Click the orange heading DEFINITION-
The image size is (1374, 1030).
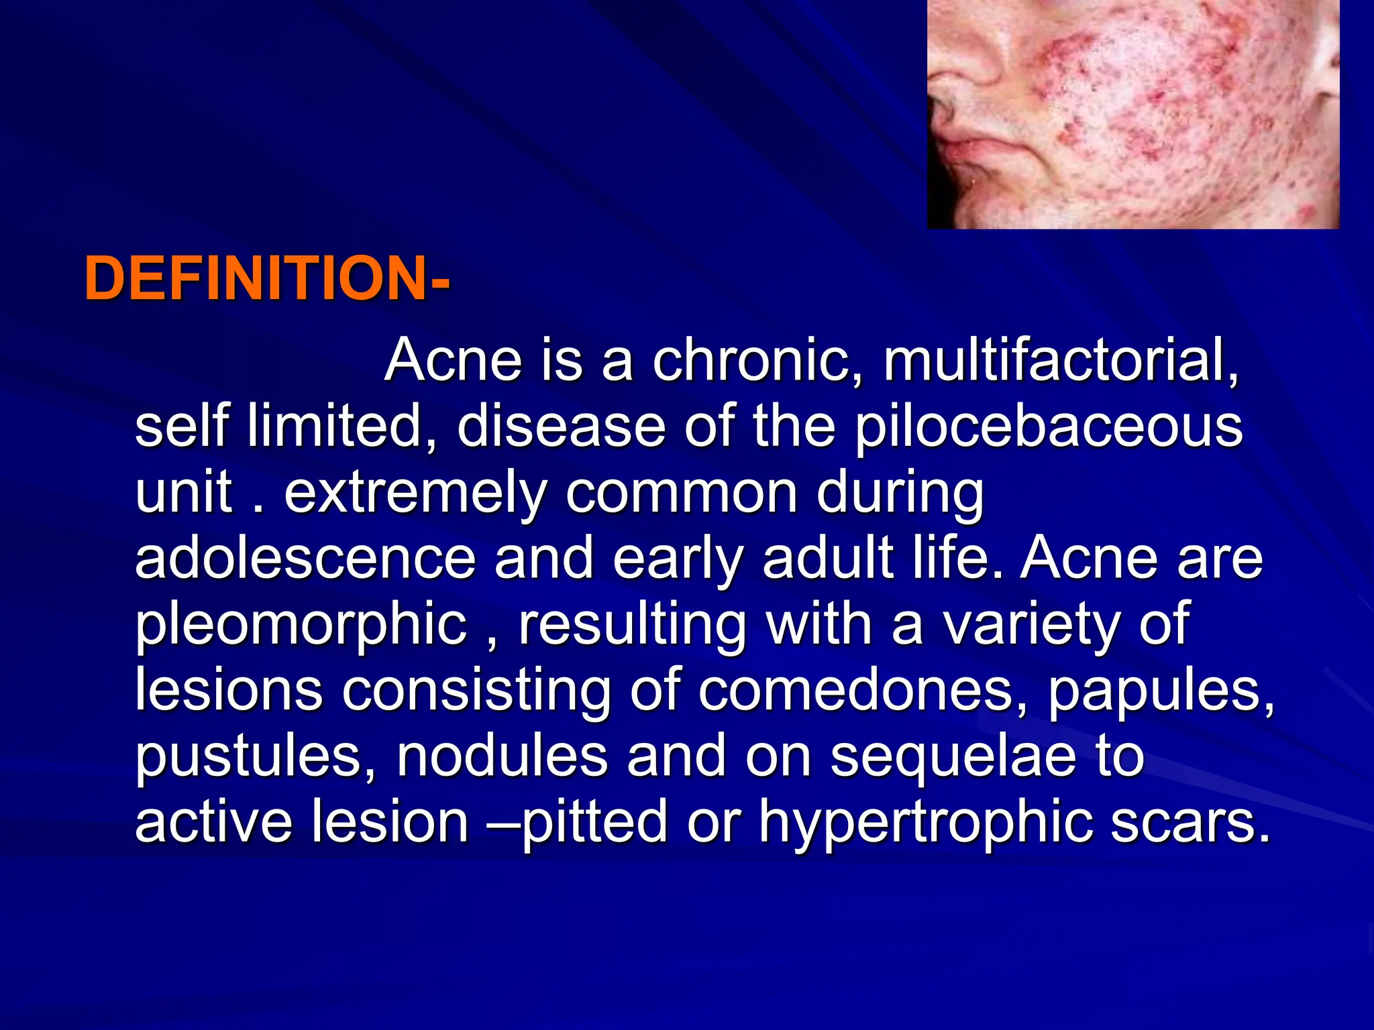coord(266,279)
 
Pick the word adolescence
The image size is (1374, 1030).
coord(305,558)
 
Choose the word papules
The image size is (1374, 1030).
coord(1159,691)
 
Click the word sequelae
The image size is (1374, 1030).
coord(953,756)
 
